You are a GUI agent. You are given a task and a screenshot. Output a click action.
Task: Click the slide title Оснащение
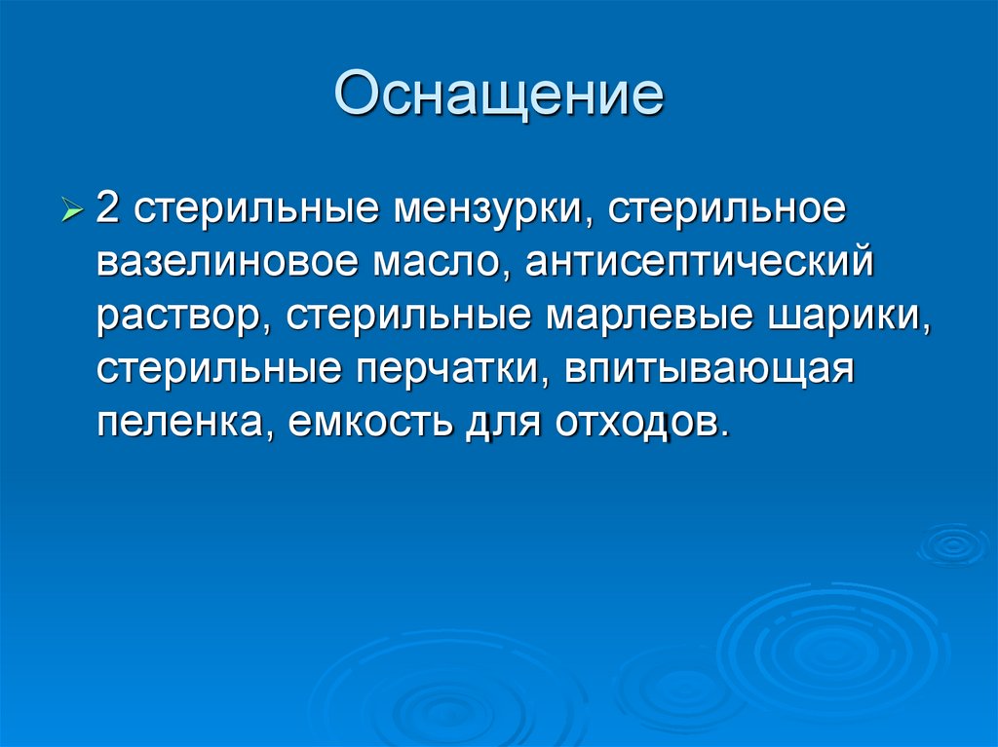(x=498, y=94)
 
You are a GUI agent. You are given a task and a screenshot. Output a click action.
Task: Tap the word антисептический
(x=698, y=265)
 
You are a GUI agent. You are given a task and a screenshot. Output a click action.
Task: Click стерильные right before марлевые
(x=408, y=317)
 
